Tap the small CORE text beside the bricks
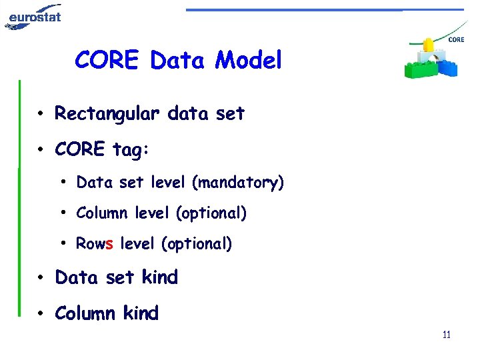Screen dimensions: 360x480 [456, 40]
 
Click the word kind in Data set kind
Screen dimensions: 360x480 [159, 277]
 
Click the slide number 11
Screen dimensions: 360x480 [446, 335]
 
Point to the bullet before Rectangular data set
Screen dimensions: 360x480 [41, 115]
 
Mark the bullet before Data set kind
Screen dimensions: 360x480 [41, 278]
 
